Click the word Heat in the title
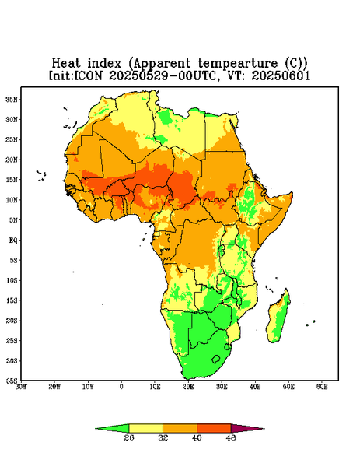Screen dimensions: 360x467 pyautogui.click(x=66, y=64)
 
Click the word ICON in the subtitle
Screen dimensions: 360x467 pyautogui.click(x=88, y=75)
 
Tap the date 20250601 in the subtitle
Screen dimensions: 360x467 pyautogui.click(x=281, y=75)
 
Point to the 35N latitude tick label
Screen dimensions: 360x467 pyautogui.click(x=12, y=99)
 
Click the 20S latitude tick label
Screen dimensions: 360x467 pyautogui.click(x=12, y=321)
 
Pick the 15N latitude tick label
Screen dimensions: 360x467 pyautogui.click(x=12, y=180)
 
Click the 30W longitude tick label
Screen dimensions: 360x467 pyautogui.click(x=21, y=387)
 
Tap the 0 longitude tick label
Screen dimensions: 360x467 pyautogui.click(x=121, y=387)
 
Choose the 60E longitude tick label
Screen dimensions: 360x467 pyautogui.click(x=322, y=387)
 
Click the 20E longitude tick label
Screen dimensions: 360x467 pyautogui.click(x=188, y=387)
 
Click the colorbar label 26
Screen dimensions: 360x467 pyautogui.click(x=129, y=437)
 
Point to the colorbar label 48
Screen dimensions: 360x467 pyautogui.click(x=231, y=437)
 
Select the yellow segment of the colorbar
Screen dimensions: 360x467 pyautogui.click(x=145, y=428)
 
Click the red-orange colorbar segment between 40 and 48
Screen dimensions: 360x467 pyautogui.click(x=214, y=428)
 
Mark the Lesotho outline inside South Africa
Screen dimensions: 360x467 pyautogui.click(x=216, y=359)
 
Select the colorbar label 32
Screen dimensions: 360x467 pyautogui.click(x=163, y=437)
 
